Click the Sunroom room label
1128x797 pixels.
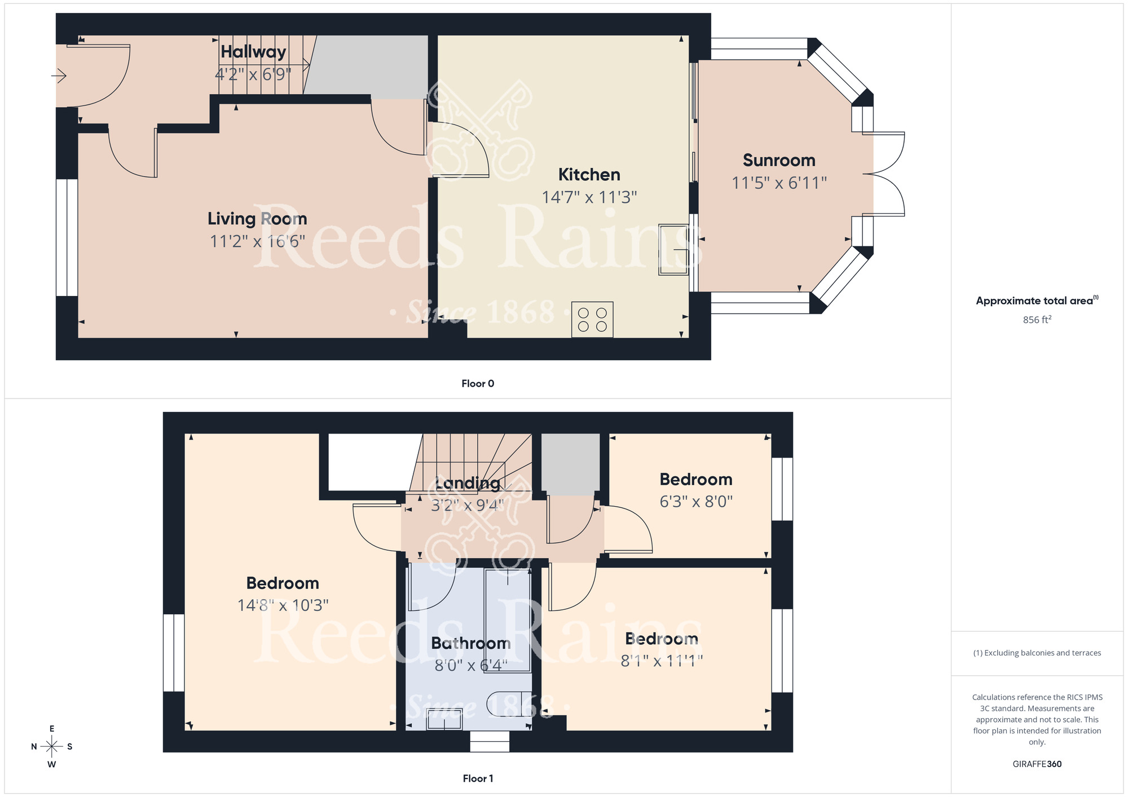pos(779,161)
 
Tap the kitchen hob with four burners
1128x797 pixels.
pos(592,320)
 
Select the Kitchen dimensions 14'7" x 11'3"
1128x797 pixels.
pos(589,197)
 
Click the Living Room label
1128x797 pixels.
pos(257,219)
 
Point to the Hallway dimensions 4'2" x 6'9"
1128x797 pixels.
pos(253,74)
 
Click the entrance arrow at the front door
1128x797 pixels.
pos(59,75)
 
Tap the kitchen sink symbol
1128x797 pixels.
pos(674,250)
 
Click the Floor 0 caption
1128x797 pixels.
pos(478,384)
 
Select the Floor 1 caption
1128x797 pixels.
pos(478,778)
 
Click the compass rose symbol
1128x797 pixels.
pos(52,747)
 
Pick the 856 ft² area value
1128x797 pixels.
pos(1037,320)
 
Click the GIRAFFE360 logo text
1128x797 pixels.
pos(1037,764)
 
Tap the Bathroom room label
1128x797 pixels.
pos(471,643)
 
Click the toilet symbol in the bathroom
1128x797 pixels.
pos(509,704)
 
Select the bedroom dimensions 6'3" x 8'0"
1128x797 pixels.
pos(696,502)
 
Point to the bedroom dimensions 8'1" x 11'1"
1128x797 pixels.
pos(662,661)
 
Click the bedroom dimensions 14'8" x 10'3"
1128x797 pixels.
pos(283,605)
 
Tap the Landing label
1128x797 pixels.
pos(468,483)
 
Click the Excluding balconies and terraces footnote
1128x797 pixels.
pos(1037,653)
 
